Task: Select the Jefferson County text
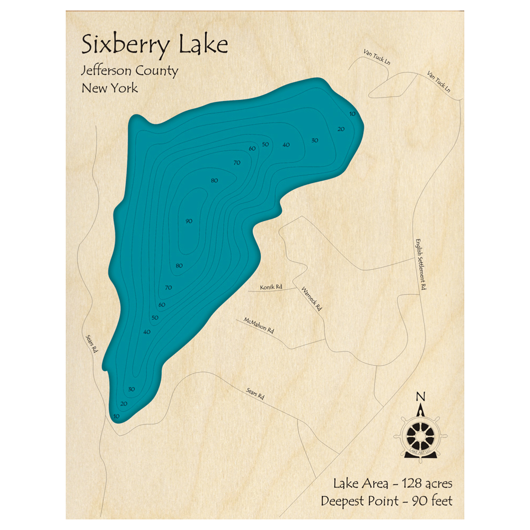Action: click(x=129, y=71)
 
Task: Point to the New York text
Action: click(x=110, y=87)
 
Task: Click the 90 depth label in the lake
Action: click(x=189, y=221)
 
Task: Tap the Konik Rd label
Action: click(x=271, y=287)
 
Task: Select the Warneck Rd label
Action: click(x=311, y=298)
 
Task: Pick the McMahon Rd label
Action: click(x=259, y=326)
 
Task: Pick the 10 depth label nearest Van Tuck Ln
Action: click(x=352, y=114)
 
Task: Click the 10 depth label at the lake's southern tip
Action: click(x=116, y=417)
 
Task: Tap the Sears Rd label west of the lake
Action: click(x=92, y=343)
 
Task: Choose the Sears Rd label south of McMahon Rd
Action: click(x=255, y=394)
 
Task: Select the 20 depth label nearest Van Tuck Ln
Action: click(x=341, y=129)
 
